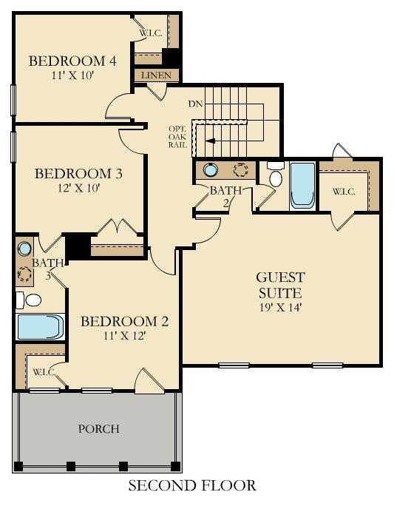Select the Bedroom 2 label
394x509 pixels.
coord(124,322)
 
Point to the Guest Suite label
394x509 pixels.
coord(280,286)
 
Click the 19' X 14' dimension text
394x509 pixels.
coord(280,306)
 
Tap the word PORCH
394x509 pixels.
coord(99,429)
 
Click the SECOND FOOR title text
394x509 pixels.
coord(192,486)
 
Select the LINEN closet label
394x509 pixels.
coord(156,75)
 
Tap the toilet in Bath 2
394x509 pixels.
coord(276,175)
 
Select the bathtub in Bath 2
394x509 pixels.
coord(302,185)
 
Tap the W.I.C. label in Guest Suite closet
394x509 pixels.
coord(344,191)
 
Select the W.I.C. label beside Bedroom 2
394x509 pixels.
coord(42,371)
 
